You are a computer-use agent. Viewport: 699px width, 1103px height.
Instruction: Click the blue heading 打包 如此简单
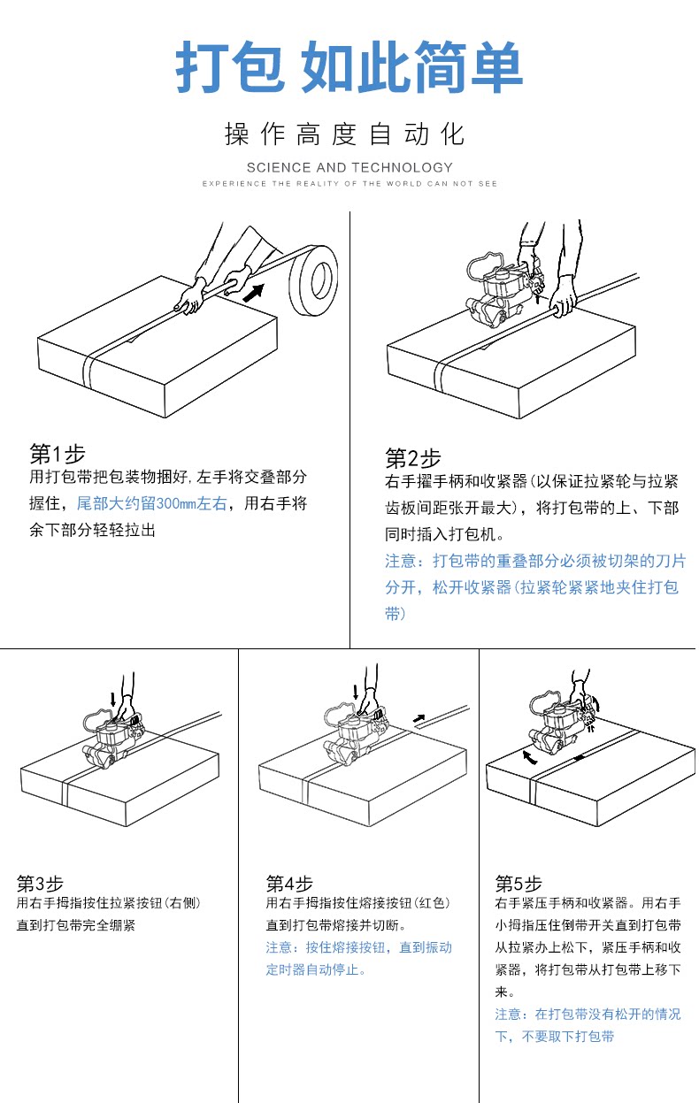coord(349,68)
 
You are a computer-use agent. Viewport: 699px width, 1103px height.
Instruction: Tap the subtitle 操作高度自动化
coord(345,135)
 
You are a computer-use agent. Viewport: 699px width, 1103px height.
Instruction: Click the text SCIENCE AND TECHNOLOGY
coord(349,167)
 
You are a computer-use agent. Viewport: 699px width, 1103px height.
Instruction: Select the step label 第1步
coord(58,454)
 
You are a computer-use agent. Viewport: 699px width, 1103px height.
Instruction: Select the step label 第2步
coord(412,458)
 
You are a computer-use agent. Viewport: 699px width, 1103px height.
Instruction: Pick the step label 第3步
coord(40,883)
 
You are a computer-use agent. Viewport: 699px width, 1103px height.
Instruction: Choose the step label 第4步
coord(289,883)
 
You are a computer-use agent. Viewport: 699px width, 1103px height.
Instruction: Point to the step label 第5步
coord(518,883)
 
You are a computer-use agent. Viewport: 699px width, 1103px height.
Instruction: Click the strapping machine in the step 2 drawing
coord(500,292)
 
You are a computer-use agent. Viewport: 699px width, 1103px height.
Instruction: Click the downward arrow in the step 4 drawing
coord(356,691)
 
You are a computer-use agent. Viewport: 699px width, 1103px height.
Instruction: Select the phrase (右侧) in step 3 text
coord(182,903)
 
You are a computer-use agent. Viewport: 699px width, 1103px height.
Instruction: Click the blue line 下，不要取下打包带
coord(554,1036)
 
